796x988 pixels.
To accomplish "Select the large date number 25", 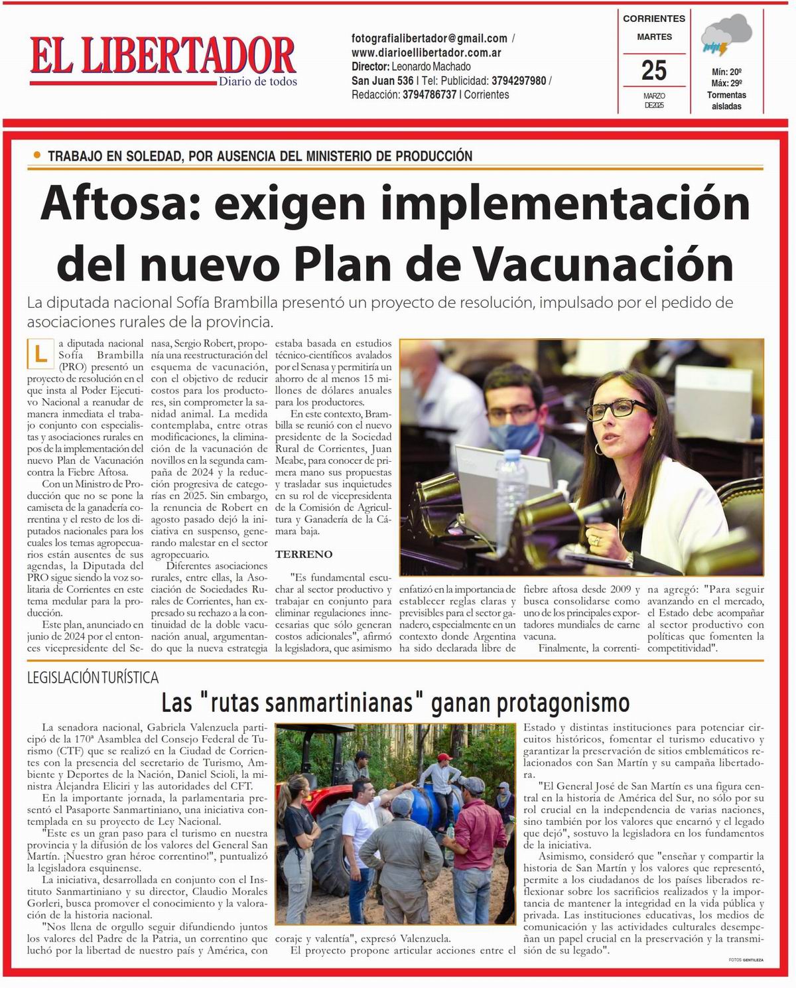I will [654, 70].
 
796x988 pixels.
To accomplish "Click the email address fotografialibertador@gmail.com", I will [429, 38].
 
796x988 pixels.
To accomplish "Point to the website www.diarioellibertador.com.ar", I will [426, 52].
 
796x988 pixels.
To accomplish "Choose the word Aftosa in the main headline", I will [115, 204].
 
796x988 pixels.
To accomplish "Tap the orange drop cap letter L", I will [40, 354].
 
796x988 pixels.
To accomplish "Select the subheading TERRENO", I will [304, 554].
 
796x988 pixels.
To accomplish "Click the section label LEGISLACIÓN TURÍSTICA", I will [93, 677].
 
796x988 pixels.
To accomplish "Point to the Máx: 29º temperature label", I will [726, 83].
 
